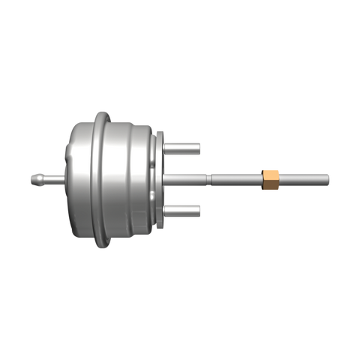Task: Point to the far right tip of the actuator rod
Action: [x=328, y=178]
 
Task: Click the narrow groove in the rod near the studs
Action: [x=208, y=178]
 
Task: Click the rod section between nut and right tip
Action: [x=304, y=178]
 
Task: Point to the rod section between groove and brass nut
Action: [x=236, y=178]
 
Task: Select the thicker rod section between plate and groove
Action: [x=184, y=178]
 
